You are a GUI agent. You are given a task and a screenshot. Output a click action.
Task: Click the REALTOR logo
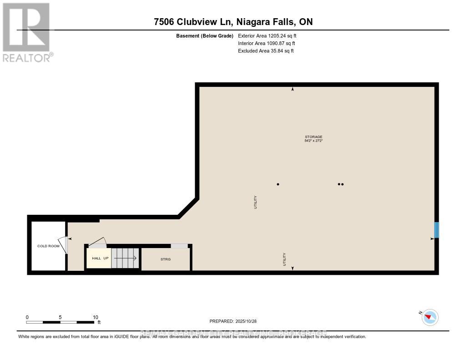point(27,32)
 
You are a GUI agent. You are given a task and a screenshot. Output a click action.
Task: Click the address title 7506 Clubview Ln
point(233,22)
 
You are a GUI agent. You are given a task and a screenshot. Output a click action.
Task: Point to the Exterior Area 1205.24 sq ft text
point(268,35)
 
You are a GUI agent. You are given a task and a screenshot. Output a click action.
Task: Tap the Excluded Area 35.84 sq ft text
point(266,51)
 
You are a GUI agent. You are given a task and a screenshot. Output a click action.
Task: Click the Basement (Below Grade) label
point(205,35)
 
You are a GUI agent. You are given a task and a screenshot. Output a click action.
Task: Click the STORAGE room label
point(314,137)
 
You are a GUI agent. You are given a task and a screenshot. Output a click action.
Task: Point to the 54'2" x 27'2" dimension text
point(314,141)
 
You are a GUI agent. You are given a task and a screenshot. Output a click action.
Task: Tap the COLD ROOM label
point(48,246)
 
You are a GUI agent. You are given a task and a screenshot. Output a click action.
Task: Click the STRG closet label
point(165,259)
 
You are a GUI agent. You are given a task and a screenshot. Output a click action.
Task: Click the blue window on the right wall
point(436,230)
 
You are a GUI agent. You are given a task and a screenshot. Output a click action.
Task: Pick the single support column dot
point(278,184)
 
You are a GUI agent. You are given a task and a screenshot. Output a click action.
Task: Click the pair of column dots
point(340,184)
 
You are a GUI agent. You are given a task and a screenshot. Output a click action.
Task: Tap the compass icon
point(430,317)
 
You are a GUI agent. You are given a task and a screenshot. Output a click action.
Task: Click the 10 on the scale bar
point(95,317)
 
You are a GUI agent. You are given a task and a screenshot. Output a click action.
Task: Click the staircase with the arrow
point(125,258)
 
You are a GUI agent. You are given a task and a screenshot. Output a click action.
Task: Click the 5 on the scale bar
point(61,317)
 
